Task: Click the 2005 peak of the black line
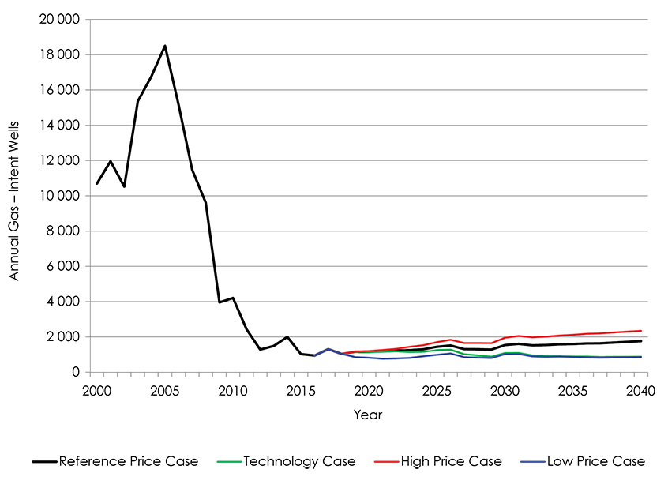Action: click(x=165, y=46)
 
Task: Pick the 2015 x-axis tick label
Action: click(x=299, y=391)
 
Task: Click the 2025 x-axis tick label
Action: click(x=434, y=391)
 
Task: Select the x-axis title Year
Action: click(x=367, y=414)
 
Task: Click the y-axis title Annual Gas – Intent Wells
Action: click(x=14, y=196)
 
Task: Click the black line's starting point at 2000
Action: click(x=97, y=184)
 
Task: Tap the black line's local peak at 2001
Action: click(x=111, y=161)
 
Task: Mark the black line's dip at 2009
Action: click(x=219, y=302)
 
